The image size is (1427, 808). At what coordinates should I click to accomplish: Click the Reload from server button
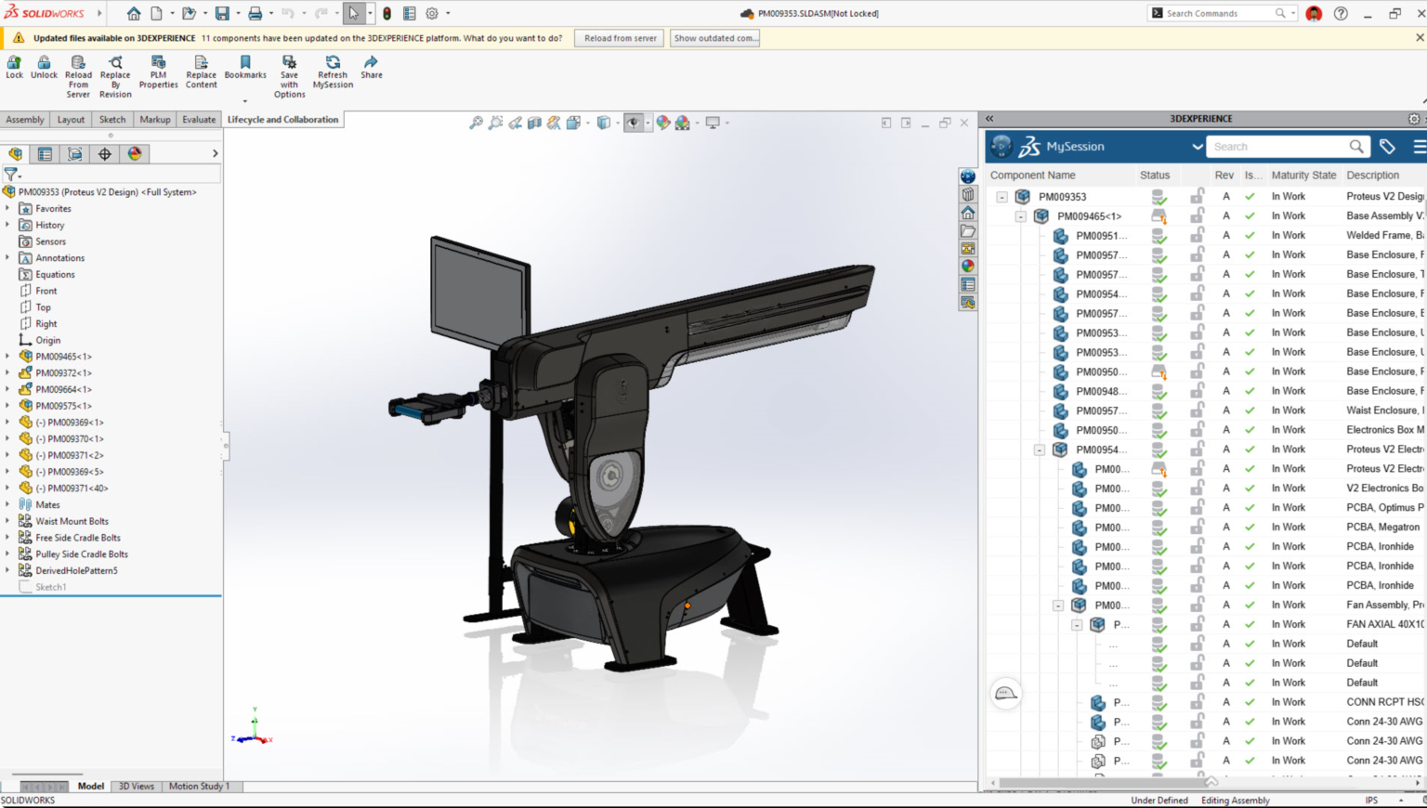(x=621, y=38)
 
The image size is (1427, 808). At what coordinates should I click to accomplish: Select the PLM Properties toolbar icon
(x=158, y=72)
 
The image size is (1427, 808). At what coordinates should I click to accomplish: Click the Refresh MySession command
(x=333, y=72)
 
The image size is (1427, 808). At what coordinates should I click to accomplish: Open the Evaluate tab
(x=199, y=120)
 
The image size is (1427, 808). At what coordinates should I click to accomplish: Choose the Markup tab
(x=155, y=120)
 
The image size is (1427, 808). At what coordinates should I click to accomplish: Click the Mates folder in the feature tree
(x=47, y=505)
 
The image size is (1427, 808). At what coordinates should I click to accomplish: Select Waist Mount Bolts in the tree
(x=72, y=522)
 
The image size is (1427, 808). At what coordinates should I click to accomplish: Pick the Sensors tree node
(x=50, y=241)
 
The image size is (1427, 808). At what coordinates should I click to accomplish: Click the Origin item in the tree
(x=47, y=341)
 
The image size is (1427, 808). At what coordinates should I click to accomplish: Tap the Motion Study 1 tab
(x=199, y=787)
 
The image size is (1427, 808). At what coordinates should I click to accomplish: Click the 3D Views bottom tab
(x=137, y=787)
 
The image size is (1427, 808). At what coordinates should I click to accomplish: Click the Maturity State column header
(x=1303, y=176)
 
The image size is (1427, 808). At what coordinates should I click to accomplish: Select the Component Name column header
(x=1032, y=176)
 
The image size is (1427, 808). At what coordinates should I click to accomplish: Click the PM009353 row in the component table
(x=1062, y=197)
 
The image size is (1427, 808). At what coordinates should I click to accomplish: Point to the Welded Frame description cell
(x=1384, y=236)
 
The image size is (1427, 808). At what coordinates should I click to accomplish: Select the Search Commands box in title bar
(x=1217, y=14)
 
